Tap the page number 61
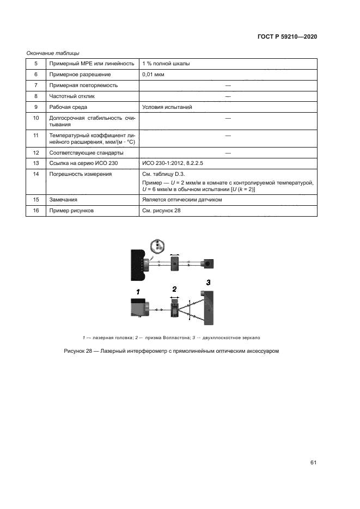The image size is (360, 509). click(x=313, y=462)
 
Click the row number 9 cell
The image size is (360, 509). click(x=36, y=107)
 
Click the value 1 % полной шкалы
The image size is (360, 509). click(x=166, y=64)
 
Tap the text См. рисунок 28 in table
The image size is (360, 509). click(x=161, y=211)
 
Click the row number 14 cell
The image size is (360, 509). click(x=36, y=174)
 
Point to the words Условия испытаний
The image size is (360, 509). click(x=167, y=107)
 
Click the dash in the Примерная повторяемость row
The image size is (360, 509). click(x=228, y=85)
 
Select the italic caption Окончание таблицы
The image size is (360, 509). click(x=53, y=53)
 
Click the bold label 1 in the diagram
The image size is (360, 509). click(x=138, y=292)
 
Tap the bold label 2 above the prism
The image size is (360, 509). click(x=174, y=289)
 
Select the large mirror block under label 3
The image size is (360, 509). click(x=209, y=308)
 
